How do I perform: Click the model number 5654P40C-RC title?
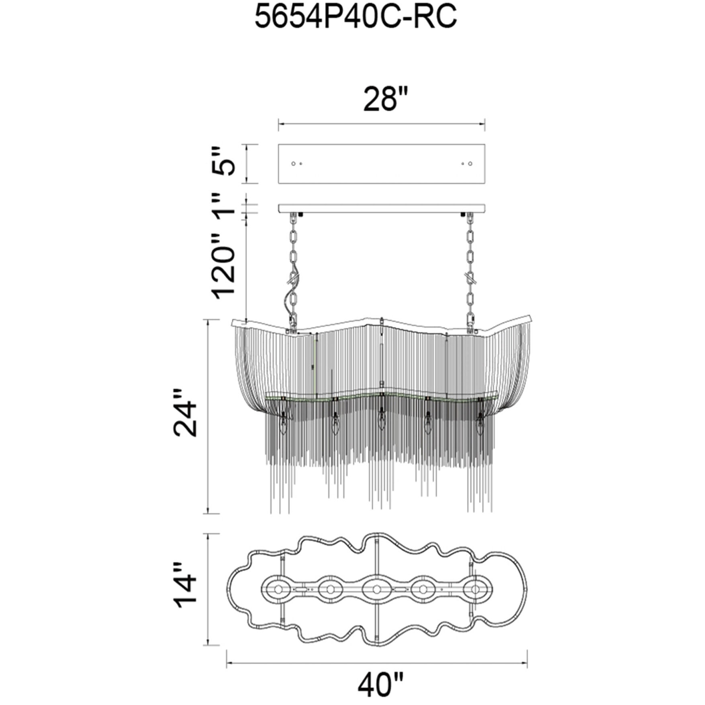pos(356,18)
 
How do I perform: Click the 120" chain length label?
pos(223,266)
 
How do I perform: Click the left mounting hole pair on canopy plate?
pos(297,163)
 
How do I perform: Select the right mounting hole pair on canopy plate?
pos(467,163)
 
